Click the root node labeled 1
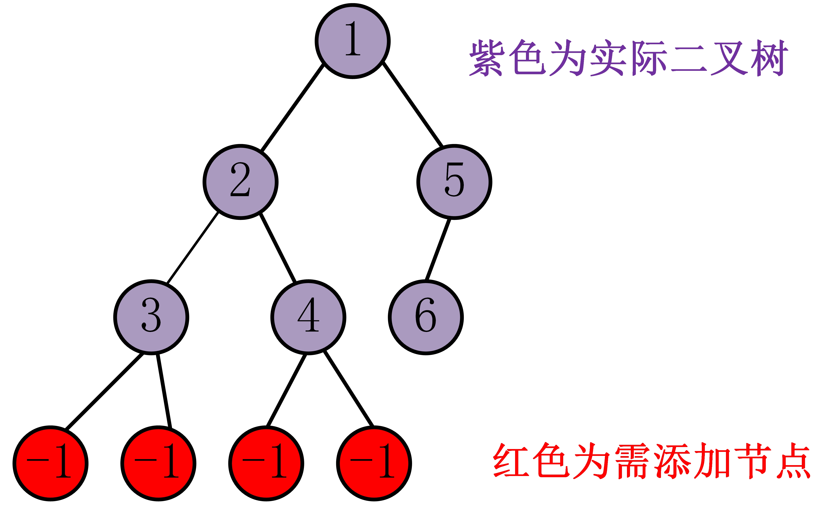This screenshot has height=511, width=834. (353, 41)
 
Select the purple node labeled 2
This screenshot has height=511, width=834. (241, 182)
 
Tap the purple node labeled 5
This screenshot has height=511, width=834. (454, 182)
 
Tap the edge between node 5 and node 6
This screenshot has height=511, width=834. (438, 250)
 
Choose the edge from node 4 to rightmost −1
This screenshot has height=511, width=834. (349, 389)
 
